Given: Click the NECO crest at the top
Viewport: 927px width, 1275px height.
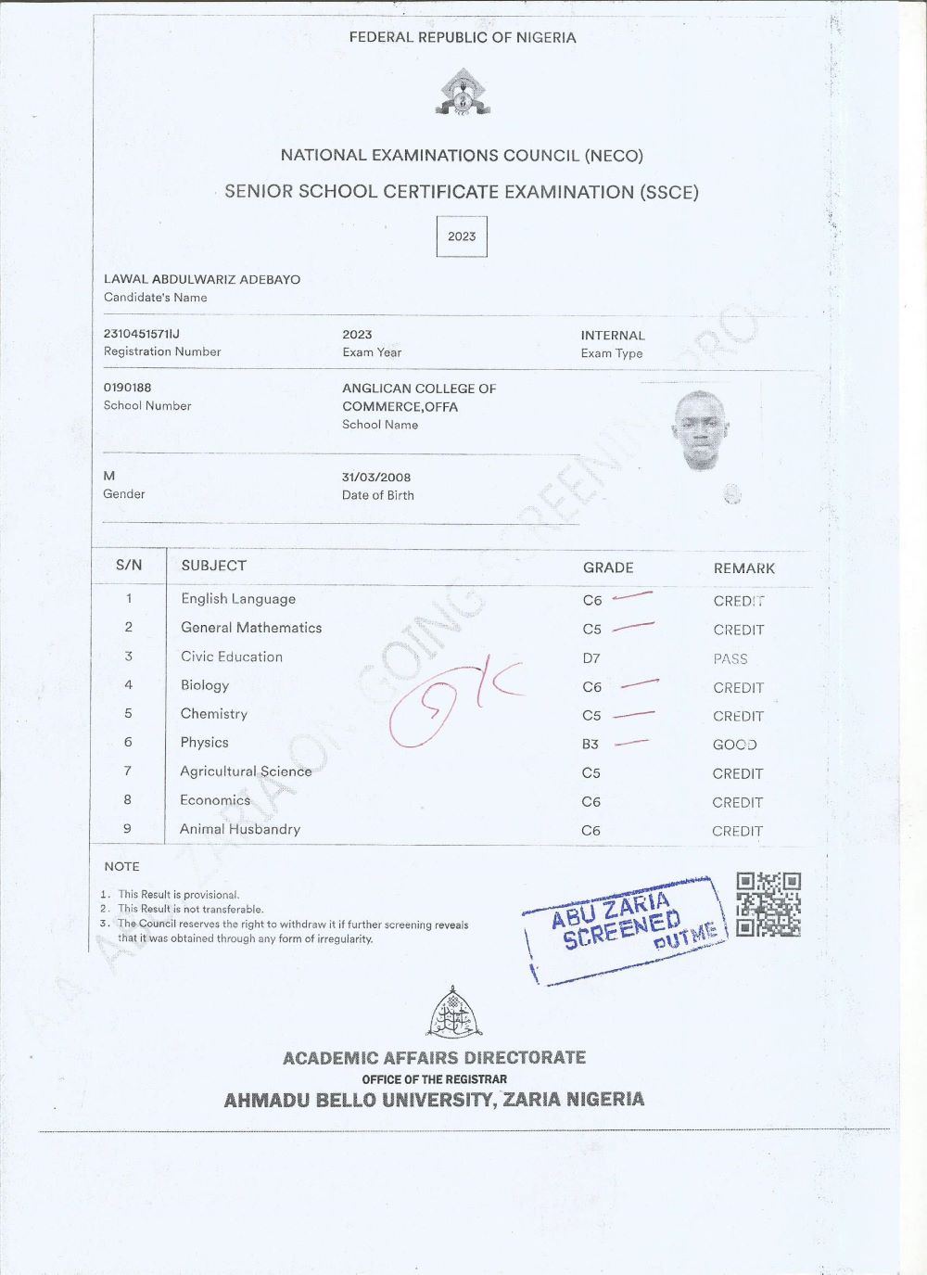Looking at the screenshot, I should [463, 93].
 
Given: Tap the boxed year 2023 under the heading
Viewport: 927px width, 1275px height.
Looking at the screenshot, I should [462, 236].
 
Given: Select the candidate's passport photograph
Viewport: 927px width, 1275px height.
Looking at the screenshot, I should [699, 430].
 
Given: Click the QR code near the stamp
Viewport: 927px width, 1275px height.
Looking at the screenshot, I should [768, 904].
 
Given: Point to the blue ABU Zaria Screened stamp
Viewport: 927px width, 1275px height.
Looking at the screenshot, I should [627, 928].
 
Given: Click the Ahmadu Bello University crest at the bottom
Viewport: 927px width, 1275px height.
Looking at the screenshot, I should [454, 1013].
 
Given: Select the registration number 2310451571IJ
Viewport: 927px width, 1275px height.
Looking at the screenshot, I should [142, 334].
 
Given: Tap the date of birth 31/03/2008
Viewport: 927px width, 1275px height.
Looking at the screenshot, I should [376, 478].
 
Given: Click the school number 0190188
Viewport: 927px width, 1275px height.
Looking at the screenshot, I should [128, 388].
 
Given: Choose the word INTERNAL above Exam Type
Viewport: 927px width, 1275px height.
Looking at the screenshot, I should [613, 336].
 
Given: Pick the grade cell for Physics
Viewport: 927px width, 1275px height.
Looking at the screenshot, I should [590, 745].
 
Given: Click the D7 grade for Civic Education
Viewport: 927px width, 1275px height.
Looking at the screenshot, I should [591, 658].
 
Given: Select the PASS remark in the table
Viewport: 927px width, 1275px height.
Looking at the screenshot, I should [730, 659].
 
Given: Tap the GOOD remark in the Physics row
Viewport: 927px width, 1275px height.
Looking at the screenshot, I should [735, 745].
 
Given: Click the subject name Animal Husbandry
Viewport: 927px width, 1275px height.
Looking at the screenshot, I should [240, 829].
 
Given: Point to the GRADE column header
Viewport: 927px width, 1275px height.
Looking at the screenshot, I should [608, 567].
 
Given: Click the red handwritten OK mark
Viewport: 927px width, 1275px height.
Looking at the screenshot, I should [454, 705].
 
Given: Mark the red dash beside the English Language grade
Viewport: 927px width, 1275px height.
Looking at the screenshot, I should [633, 596].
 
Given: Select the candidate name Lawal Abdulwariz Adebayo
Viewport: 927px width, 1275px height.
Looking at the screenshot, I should [202, 279].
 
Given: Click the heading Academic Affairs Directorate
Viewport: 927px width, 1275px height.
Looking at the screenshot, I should [434, 1058].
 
